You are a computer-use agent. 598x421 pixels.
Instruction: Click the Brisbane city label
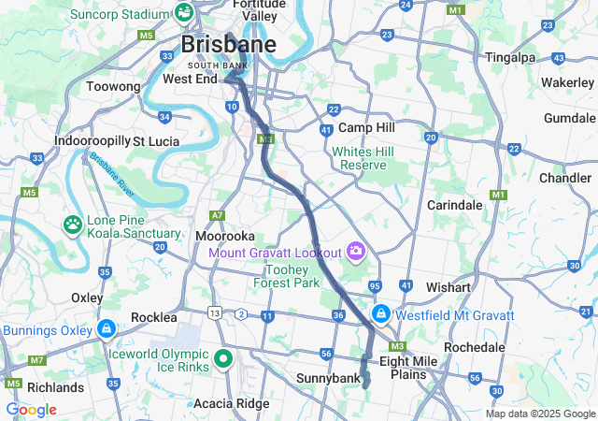pyautogui.click(x=228, y=44)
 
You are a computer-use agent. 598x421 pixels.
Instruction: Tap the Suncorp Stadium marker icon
pyautogui.click(x=183, y=13)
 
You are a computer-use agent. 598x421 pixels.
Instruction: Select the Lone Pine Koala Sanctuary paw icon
pyautogui.click(x=72, y=225)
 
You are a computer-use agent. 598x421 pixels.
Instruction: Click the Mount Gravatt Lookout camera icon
pyautogui.click(x=355, y=250)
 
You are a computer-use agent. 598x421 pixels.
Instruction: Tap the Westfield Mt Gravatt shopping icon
pyautogui.click(x=381, y=313)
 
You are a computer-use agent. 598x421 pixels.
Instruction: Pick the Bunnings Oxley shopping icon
pyautogui.click(x=107, y=329)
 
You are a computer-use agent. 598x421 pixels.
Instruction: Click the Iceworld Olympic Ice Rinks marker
pyautogui.click(x=223, y=357)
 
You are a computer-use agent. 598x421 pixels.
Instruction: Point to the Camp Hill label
pyautogui.click(x=367, y=127)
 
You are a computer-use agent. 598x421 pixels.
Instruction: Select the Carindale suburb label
pyautogui.click(x=454, y=204)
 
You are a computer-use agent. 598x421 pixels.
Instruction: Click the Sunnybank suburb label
pyautogui.click(x=327, y=378)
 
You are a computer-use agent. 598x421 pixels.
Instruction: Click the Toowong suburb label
pyautogui.click(x=112, y=86)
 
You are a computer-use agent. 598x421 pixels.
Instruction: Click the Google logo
pyautogui.click(x=31, y=410)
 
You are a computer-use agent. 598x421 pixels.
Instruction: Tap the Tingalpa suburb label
pyautogui.click(x=511, y=57)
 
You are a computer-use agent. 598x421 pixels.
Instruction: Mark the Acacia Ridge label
pyautogui.click(x=231, y=403)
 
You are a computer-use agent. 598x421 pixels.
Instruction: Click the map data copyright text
pyautogui.click(x=539, y=414)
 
